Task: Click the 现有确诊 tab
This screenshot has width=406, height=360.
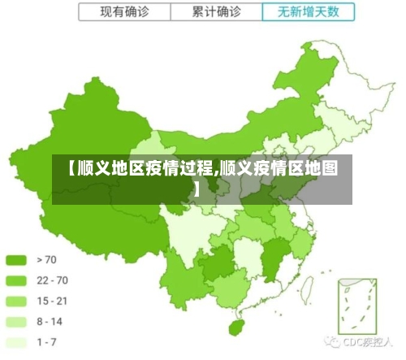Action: pyautogui.click(x=124, y=12)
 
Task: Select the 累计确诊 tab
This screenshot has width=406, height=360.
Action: pyautogui.click(x=217, y=12)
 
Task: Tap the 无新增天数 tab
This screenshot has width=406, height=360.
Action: pyautogui.click(x=309, y=12)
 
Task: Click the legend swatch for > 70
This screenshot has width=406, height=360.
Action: pyautogui.click(x=17, y=260)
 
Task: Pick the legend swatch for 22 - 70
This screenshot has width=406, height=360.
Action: pyautogui.click(x=17, y=280)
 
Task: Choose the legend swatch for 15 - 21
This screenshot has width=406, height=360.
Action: pyautogui.click(x=17, y=301)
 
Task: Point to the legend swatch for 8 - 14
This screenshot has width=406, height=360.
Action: pyautogui.click(x=17, y=322)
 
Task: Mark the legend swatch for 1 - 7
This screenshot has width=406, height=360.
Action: pyautogui.click(x=17, y=342)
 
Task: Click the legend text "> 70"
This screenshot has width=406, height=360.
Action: pyautogui.click(x=47, y=260)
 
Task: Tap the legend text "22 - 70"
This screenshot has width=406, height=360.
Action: pyautogui.click(x=52, y=280)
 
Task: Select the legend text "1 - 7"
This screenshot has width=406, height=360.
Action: pyautogui.click(x=47, y=342)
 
